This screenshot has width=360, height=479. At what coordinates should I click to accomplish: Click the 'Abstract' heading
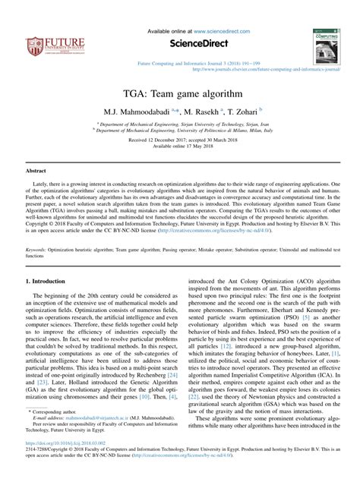37,172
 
